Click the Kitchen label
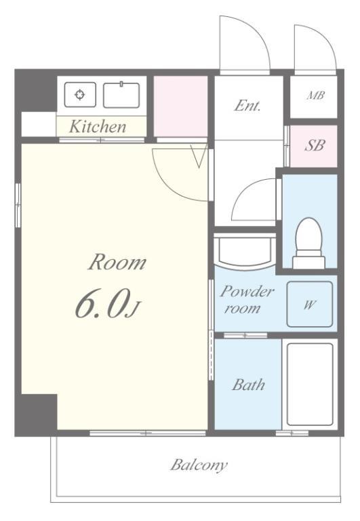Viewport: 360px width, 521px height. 98,127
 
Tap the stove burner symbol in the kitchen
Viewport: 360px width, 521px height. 80,95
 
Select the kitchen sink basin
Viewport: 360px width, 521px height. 121,95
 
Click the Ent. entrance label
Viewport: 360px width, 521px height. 247,106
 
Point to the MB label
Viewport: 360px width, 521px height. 315,96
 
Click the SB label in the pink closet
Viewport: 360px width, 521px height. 315,146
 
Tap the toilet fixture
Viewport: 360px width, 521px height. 308,243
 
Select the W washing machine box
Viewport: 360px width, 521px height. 310,304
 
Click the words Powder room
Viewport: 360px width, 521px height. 246,299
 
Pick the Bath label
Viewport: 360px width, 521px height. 248,385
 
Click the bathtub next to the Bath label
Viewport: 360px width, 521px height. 310,384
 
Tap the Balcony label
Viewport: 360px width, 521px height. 199,465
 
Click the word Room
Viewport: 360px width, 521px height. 117,262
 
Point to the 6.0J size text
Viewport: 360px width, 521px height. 108,303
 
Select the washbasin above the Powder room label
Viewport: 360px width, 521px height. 245,252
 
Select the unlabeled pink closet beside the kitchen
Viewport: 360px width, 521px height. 180,106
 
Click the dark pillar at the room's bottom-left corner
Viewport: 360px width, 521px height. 36,414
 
